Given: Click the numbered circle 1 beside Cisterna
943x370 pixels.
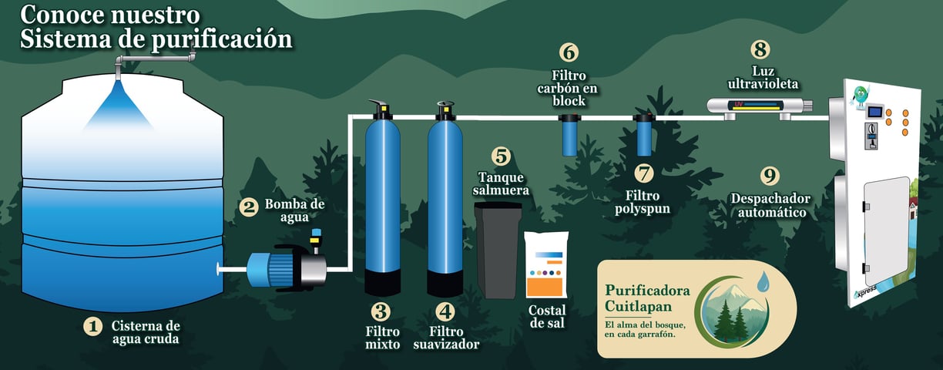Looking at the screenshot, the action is tap(93, 327).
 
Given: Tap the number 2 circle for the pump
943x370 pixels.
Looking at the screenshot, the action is tap(249, 207).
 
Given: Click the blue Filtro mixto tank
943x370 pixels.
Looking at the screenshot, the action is tap(383, 198).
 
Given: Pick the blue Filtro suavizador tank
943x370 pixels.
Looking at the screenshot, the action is tap(445, 198).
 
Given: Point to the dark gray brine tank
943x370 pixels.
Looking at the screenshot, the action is tap(498, 251).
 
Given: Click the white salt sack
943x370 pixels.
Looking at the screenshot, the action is tap(546, 265).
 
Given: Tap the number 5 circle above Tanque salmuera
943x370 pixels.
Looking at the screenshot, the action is tap(501, 156).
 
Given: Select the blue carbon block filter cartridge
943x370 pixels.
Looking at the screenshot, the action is tap(569, 135).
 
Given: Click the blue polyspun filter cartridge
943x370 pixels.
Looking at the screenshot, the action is tap(643, 135).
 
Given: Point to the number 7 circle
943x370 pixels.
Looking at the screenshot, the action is tap(643, 173).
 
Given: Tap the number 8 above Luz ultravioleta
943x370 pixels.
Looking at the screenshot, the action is tap(760, 49).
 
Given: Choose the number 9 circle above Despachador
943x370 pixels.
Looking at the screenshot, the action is tap(770, 175).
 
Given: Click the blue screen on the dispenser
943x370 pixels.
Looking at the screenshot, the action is tap(874, 112).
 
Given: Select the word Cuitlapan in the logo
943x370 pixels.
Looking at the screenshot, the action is tap(638, 306).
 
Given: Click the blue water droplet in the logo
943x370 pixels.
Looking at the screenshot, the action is tap(763, 282).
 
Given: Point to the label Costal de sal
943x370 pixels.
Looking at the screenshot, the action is tap(547, 317).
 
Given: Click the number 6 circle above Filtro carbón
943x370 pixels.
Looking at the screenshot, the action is tap(569, 52).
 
